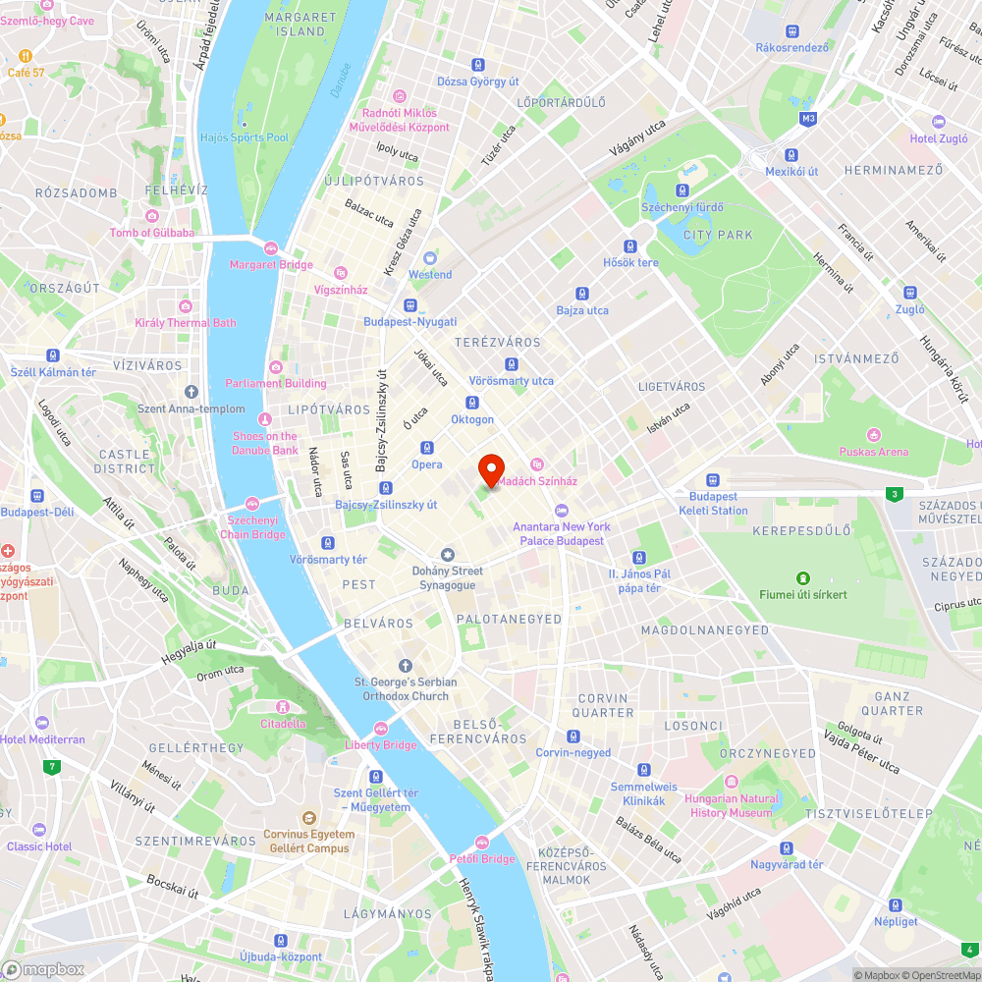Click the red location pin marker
tap(490, 468)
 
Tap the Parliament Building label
tap(276, 383)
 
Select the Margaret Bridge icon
tap(270, 247)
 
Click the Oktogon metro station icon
tap(471, 403)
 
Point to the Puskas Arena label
tap(873, 452)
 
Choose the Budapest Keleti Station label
tap(713, 504)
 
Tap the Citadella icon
tap(282, 706)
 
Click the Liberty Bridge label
tap(381, 744)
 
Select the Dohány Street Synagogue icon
tap(448, 555)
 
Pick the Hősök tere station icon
tap(630, 246)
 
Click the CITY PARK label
tap(718, 235)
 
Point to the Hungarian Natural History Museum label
tap(731, 805)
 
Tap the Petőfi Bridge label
tap(482, 859)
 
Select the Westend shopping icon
tap(430, 257)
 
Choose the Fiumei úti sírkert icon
tap(802, 577)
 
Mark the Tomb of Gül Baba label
tap(152, 233)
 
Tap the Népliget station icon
tap(895, 904)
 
